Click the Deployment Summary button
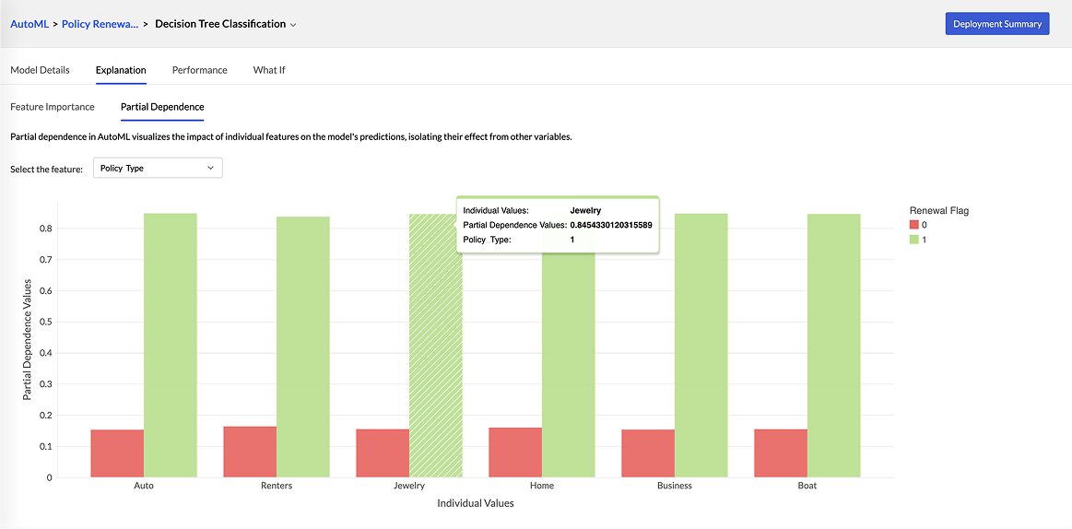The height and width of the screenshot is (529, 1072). coord(997,24)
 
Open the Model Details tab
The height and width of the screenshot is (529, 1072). coord(40,70)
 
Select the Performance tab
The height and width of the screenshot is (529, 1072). coord(199,70)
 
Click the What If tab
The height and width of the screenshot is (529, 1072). coord(269,70)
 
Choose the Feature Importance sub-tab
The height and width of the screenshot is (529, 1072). coord(53,107)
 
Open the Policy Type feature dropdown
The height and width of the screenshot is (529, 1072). coord(158,169)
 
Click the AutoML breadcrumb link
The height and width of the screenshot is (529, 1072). coord(29,24)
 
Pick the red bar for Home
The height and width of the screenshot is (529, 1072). coord(515,453)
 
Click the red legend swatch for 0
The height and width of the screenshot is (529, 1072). coord(914,225)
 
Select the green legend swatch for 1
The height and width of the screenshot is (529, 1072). coord(914,240)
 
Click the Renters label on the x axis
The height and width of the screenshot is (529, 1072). coord(277,486)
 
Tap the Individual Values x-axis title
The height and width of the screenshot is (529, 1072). coord(476,503)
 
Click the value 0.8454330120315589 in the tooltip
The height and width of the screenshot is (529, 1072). coord(611,225)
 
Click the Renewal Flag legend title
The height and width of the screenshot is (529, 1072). coord(938,210)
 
